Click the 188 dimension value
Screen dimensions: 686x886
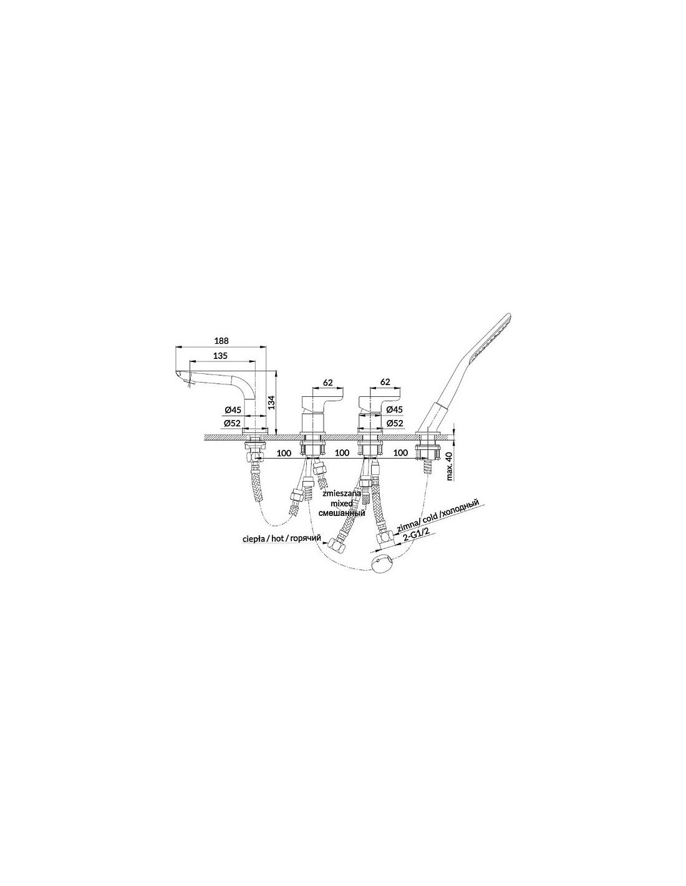coord(221,340)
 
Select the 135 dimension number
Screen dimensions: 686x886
coord(220,356)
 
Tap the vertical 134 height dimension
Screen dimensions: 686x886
coord(272,403)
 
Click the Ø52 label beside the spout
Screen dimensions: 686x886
coord(231,424)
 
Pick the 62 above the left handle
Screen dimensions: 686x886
coord(327,383)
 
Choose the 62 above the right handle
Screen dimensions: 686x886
coord(385,382)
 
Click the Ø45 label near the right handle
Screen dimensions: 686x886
coord(394,409)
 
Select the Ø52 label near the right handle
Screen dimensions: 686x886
coord(394,424)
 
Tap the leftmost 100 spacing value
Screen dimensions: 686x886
coord(284,453)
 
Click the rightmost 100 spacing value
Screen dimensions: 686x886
coord(401,453)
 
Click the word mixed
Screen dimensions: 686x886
coord(342,503)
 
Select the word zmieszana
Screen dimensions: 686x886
coord(341,493)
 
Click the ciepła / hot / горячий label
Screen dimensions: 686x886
coord(281,540)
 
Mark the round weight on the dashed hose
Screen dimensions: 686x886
coord(382,567)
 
